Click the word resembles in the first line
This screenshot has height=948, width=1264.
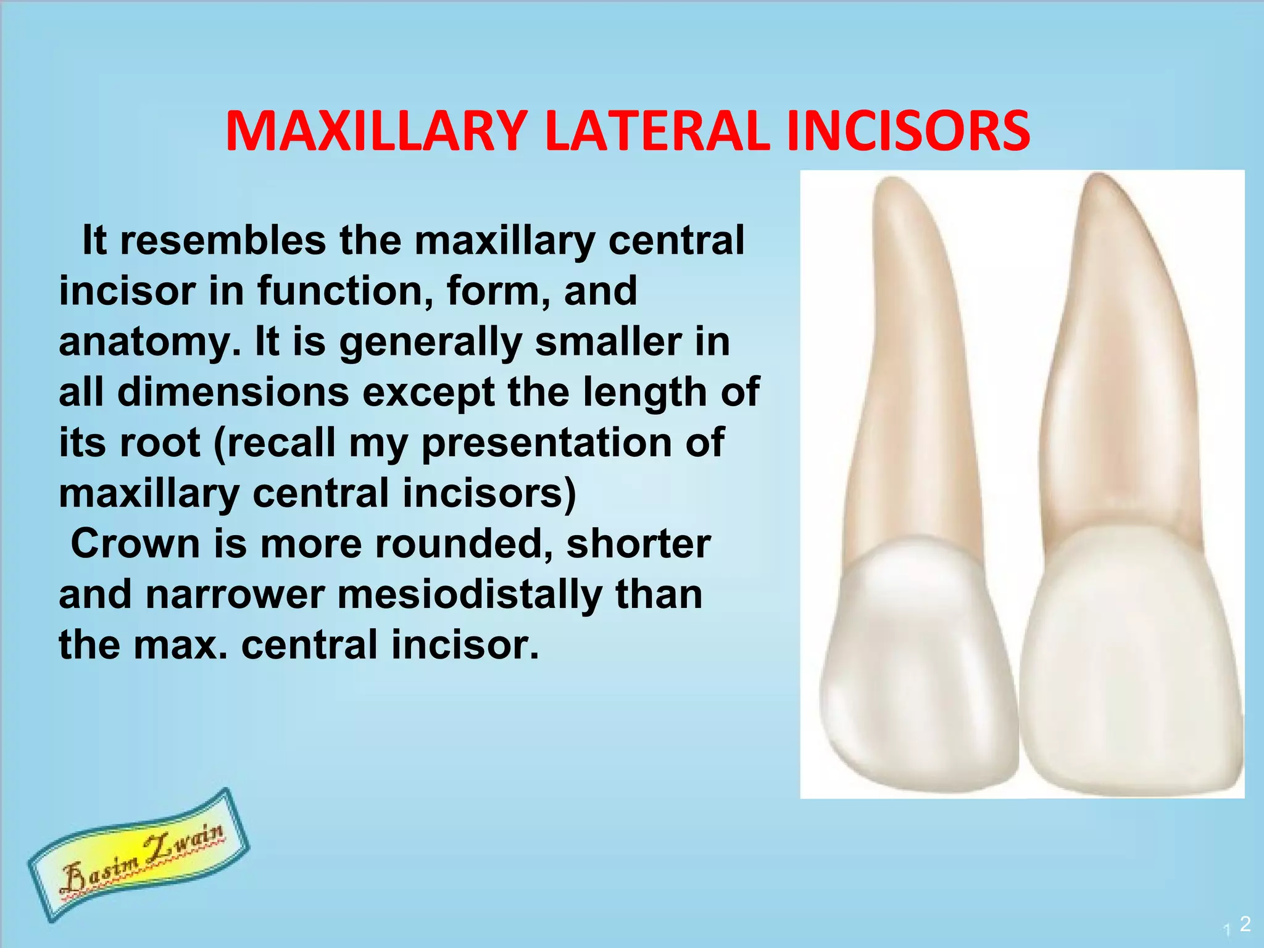tap(223, 240)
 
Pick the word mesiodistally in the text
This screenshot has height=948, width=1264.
tap(470, 594)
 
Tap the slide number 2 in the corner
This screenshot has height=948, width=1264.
tap(1245, 924)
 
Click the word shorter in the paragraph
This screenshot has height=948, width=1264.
tap(638, 544)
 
